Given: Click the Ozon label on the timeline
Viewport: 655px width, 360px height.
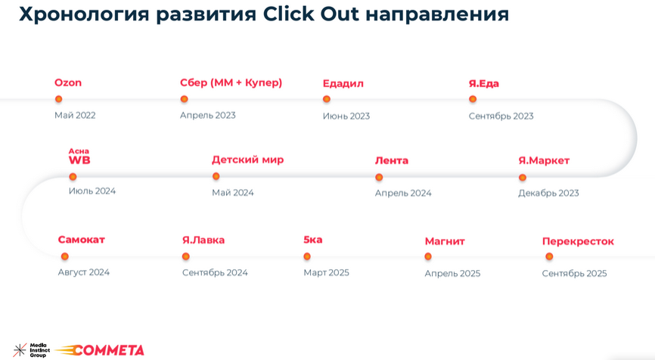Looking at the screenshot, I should pyautogui.click(x=68, y=83).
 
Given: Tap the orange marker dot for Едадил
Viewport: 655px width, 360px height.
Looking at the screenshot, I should pyautogui.click(x=327, y=99).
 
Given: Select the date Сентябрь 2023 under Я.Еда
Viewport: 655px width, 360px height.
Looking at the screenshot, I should pyautogui.click(x=501, y=116).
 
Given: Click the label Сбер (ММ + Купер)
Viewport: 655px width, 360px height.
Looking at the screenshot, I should pyautogui.click(x=231, y=82).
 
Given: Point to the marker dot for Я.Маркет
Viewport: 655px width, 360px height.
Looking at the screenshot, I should pyautogui.click(x=523, y=178).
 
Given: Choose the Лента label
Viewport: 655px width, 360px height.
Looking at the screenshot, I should pyautogui.click(x=391, y=160).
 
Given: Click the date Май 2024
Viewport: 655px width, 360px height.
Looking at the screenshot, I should pyautogui.click(x=232, y=192).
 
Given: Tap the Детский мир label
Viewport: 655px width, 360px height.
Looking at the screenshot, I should pyautogui.click(x=247, y=160).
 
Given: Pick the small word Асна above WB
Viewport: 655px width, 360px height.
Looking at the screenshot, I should pyautogui.click(x=79, y=151).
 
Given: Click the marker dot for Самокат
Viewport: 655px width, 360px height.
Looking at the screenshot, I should pyautogui.click(x=65, y=256).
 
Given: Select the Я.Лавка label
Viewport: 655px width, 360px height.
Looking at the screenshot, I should pyautogui.click(x=203, y=240).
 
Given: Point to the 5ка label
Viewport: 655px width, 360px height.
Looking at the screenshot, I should pyautogui.click(x=312, y=240).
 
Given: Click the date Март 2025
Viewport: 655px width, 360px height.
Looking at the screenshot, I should pyautogui.click(x=326, y=272).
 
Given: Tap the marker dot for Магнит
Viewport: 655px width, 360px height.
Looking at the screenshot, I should pyautogui.click(x=428, y=256).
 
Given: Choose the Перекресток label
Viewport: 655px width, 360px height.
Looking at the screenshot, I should pyautogui.click(x=578, y=241).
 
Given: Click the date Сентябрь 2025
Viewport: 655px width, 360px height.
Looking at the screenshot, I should pyautogui.click(x=574, y=273).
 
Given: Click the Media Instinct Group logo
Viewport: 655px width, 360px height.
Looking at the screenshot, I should pyautogui.click(x=30, y=350).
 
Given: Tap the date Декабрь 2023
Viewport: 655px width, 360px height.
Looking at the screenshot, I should pyautogui.click(x=548, y=193).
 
